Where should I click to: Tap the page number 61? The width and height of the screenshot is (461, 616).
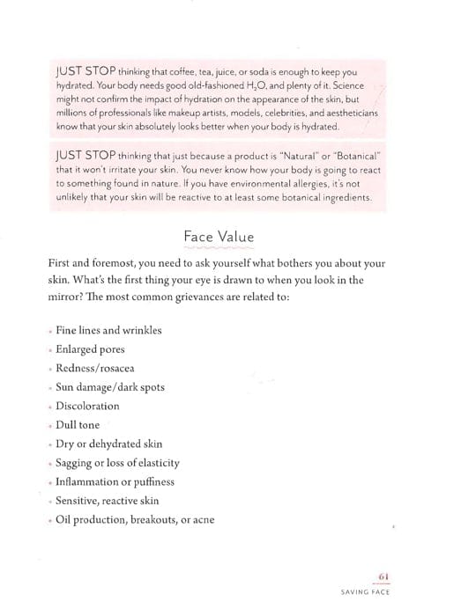[383, 576]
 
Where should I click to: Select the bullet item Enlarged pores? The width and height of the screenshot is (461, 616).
[92, 349]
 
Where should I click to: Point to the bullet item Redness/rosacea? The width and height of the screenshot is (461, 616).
[94, 368]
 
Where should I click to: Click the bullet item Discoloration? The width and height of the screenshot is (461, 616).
[87, 406]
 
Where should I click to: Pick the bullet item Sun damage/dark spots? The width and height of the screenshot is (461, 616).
[109, 387]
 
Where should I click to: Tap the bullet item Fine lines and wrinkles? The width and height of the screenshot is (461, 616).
[108, 330]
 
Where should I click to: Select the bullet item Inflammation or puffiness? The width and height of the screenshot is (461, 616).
[115, 481]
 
